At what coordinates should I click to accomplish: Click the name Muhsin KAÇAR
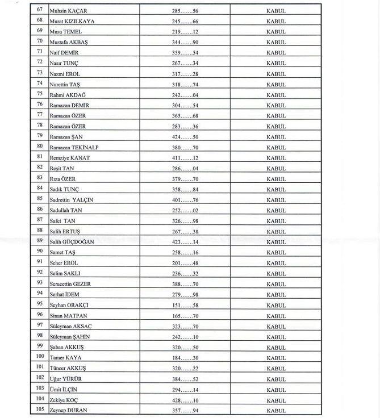tap(68, 11)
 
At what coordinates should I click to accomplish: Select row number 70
tap(40, 41)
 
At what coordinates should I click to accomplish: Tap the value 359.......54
tap(185, 53)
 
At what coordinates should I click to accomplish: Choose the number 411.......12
tap(185, 158)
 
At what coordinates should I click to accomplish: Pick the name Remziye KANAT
tap(69, 158)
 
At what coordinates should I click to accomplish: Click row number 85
tap(40, 199)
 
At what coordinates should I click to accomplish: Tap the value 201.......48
tap(185, 264)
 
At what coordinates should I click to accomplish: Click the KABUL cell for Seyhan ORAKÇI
tap(276, 306)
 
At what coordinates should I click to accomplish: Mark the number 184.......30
tap(185, 358)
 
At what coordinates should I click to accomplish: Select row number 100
tap(40, 357)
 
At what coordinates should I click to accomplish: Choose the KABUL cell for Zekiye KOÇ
tap(276, 400)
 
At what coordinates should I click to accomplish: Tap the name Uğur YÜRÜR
tap(66, 379)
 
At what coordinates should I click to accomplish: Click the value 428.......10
tap(185, 400)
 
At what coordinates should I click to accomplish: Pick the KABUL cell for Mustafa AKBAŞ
tap(276, 43)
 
